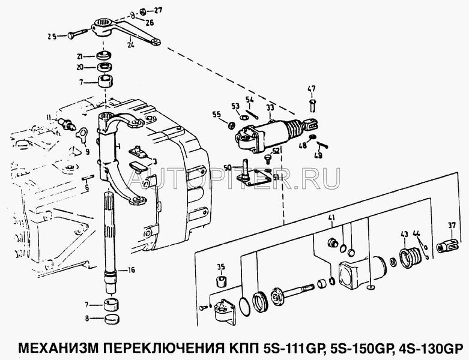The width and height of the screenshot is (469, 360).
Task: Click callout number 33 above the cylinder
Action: click(x=270, y=108)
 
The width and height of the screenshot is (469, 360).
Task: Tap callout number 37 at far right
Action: click(x=452, y=226)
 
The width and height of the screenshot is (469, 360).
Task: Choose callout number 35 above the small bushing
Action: click(x=220, y=268)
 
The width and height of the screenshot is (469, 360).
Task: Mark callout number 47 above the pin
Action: click(x=312, y=89)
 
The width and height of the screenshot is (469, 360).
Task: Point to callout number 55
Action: click(x=216, y=114)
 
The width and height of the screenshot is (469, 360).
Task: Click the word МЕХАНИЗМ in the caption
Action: click(x=54, y=347)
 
